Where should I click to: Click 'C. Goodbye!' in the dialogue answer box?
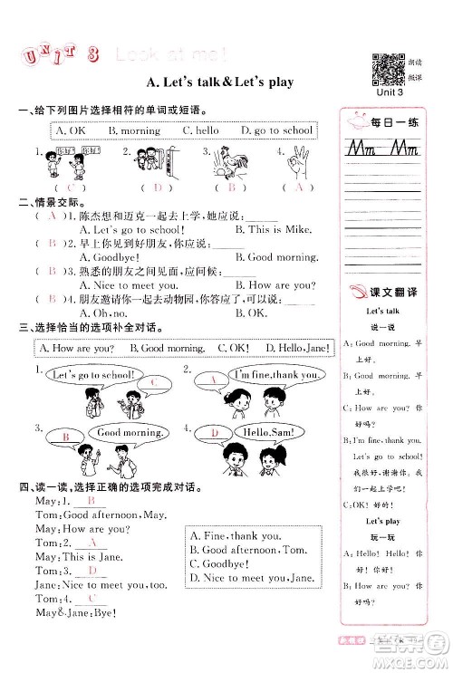tap(223, 562)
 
